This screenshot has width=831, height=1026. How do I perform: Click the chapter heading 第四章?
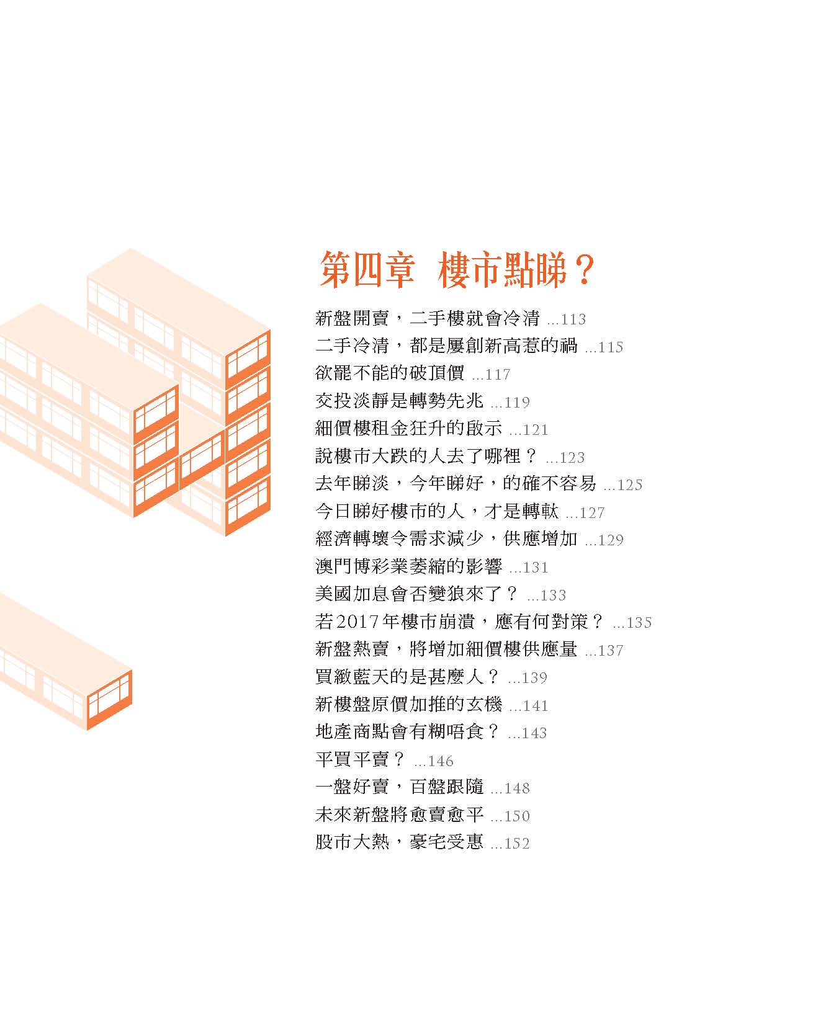click(x=367, y=270)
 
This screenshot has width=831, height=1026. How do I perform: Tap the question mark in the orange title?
click(x=583, y=270)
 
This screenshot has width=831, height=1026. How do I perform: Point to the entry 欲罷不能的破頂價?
click(x=390, y=374)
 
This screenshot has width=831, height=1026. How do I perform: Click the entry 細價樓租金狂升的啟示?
click(x=408, y=429)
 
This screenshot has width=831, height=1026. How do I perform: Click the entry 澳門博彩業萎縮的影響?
click(x=408, y=567)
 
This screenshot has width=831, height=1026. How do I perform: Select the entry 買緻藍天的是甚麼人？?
click(x=408, y=677)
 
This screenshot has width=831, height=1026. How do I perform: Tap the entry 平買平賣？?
click(x=361, y=760)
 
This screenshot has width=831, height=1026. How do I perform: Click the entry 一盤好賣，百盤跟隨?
click(x=399, y=788)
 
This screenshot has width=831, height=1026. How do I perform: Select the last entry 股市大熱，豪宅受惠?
click(x=399, y=843)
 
